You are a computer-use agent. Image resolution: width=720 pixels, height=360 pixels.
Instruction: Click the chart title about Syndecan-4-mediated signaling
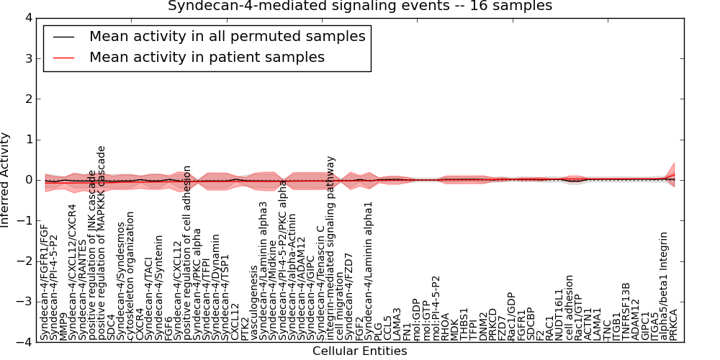click(x=360, y=6)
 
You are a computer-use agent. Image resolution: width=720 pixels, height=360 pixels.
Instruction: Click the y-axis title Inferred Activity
click(x=6, y=180)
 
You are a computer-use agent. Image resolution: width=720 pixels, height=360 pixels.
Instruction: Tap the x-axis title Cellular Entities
click(x=359, y=351)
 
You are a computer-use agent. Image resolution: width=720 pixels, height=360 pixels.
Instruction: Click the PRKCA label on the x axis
click(x=673, y=323)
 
